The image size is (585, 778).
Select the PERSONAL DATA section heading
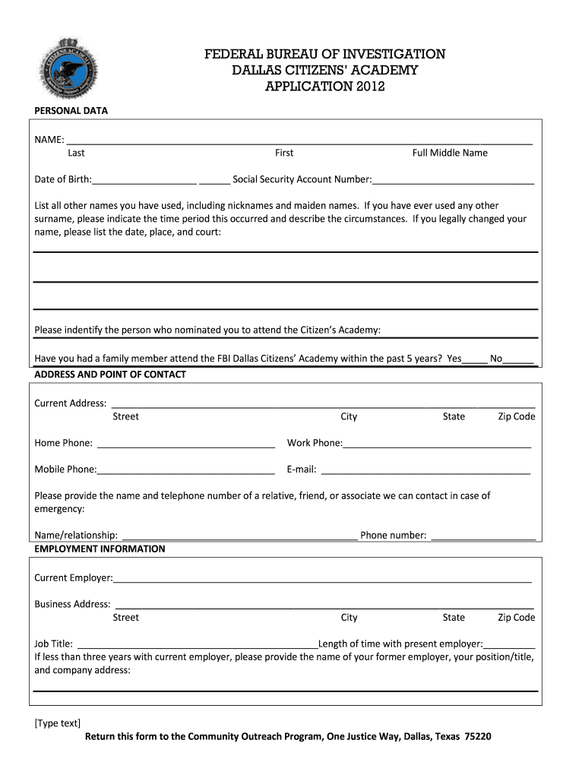click(71, 111)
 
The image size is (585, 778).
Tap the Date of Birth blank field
click(144, 181)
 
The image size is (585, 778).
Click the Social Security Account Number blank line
click(453, 181)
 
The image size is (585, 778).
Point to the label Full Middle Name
click(450, 153)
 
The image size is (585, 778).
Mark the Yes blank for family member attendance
click(475, 359)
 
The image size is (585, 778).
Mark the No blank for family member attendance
click(518, 359)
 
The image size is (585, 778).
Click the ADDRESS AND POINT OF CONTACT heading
click(110, 375)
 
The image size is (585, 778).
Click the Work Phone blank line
click(437, 444)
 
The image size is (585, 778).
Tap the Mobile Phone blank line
click(185, 470)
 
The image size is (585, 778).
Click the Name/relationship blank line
click(239, 536)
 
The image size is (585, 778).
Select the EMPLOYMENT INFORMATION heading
click(100, 549)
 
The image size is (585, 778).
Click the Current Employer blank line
click(322, 580)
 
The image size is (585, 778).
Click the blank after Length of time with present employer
click(509, 644)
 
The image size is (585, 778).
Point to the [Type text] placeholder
click(58, 723)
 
